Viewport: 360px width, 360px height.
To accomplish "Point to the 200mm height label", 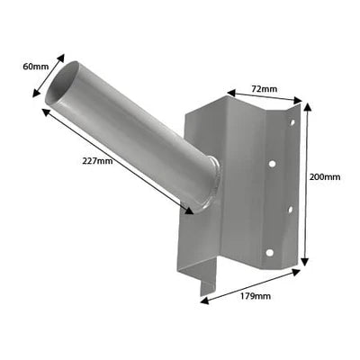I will (325, 176).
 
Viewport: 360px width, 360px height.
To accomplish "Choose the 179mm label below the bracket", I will (256, 295).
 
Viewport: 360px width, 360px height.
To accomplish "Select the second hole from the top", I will (273, 165).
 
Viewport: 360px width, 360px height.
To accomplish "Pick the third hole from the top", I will (290, 211).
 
